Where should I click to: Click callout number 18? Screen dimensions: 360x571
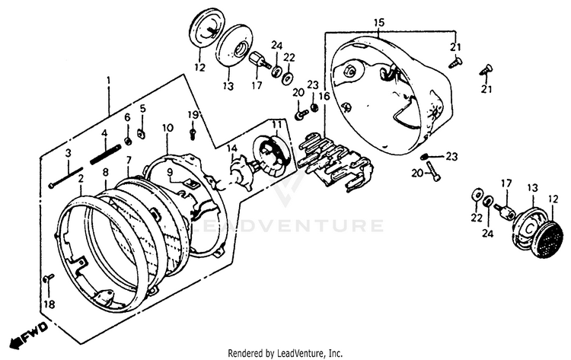(48, 304)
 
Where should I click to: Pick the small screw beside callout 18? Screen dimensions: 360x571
(47, 279)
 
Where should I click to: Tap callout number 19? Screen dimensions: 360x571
(193, 115)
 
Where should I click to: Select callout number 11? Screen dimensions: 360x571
(276, 124)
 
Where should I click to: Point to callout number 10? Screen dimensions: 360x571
(168, 127)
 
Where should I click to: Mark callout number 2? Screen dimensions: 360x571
(81, 177)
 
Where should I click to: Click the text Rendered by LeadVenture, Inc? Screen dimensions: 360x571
(285, 353)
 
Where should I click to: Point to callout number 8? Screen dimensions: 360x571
(106, 174)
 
